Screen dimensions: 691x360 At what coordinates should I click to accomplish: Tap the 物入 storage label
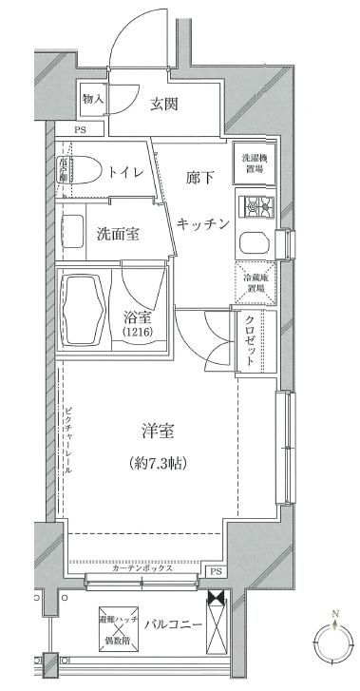pyautogui.click(x=91, y=98)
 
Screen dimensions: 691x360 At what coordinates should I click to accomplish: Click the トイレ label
pyautogui.click(x=126, y=172)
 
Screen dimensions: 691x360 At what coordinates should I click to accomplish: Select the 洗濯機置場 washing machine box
pyautogui.click(x=252, y=163)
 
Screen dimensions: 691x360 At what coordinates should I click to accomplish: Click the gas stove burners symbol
pyautogui.click(x=255, y=206)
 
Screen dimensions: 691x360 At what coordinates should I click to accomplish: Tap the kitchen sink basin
pyautogui.click(x=255, y=242)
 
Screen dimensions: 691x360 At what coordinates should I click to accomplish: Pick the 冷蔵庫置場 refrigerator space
pyautogui.click(x=254, y=282)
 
